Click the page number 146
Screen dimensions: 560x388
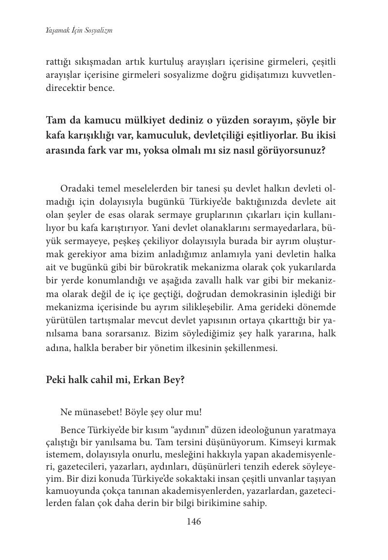[x=194, y=522]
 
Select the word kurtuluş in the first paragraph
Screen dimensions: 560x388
[x=170, y=63]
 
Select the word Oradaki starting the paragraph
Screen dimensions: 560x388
[x=77, y=189]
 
